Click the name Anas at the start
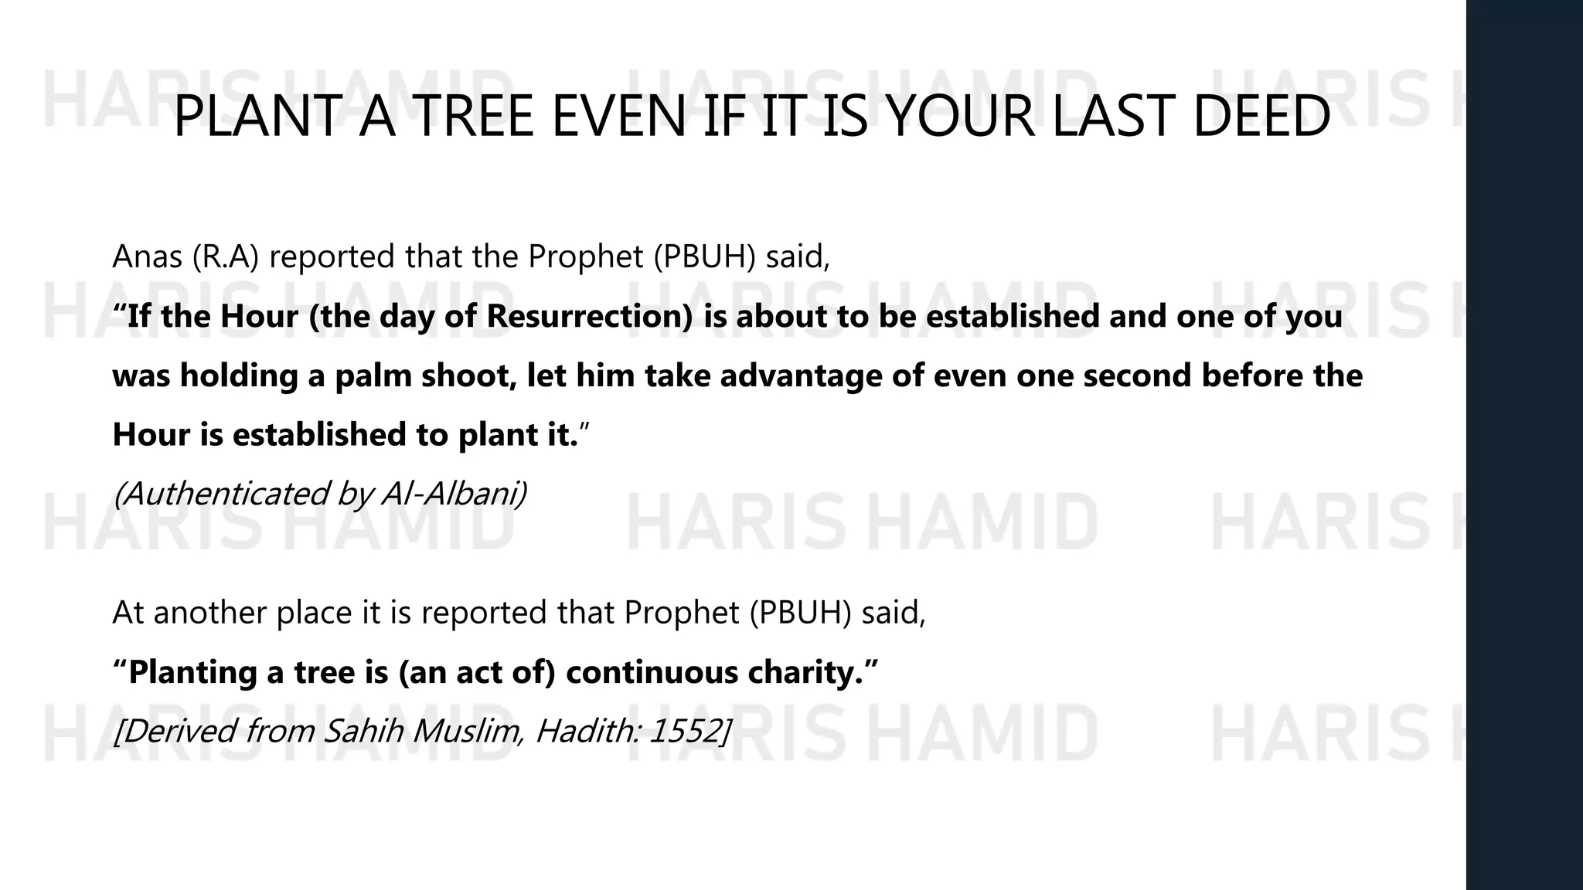147,256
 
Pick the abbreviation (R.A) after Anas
225,256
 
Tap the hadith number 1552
686,731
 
